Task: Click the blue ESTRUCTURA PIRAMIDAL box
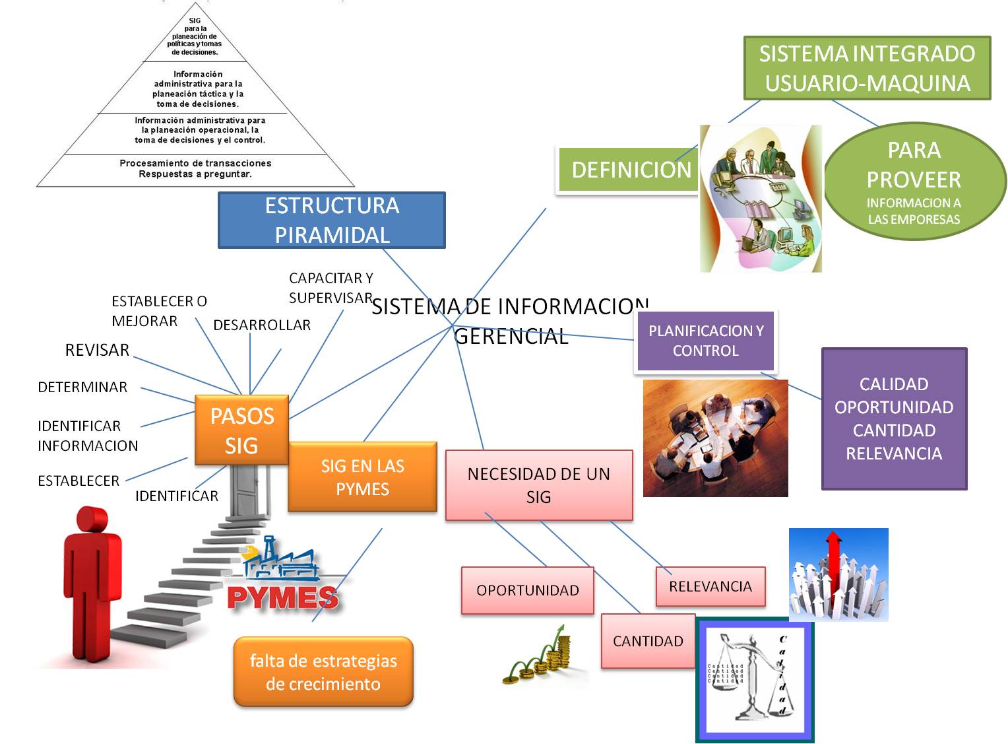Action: pos(332,220)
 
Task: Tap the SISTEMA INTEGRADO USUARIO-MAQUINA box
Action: pos(867,68)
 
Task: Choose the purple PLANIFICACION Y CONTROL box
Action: pos(705,341)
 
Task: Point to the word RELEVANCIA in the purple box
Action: pos(894,454)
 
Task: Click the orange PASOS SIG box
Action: pos(241,430)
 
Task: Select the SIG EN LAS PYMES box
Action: pos(362,477)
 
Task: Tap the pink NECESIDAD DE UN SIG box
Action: pos(539,485)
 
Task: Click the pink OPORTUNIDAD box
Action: pos(527,590)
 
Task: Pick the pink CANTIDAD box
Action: pos(648,641)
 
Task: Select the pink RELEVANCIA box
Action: pos(710,586)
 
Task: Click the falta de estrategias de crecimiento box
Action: pos(323,672)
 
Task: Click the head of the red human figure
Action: pos(92,520)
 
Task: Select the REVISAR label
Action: pos(97,350)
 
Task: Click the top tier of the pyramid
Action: pos(195,38)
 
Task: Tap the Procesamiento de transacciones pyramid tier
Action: pos(195,169)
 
